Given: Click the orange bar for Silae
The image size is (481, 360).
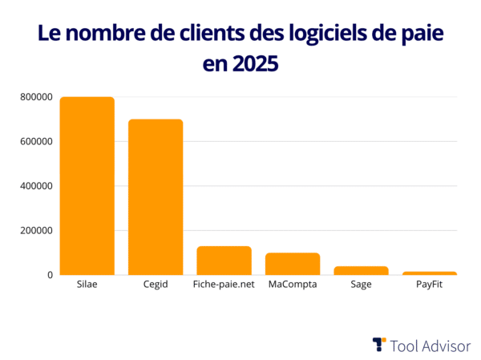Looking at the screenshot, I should pyautogui.click(x=87, y=186).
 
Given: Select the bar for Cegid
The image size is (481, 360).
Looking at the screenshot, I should pyautogui.click(x=156, y=197).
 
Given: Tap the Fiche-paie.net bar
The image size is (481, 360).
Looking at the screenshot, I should pyautogui.click(x=224, y=261).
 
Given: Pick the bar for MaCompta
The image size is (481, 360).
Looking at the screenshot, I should pyautogui.click(x=293, y=264).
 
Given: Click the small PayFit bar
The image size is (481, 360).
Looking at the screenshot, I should pyautogui.click(x=429, y=273).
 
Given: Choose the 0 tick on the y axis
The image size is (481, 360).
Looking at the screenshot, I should pyautogui.click(x=50, y=275).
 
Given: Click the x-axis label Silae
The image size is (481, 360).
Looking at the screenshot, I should pyautogui.click(x=87, y=285).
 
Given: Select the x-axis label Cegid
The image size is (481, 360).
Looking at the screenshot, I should pyautogui.click(x=156, y=285).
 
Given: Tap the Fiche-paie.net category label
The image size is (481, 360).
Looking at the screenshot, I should pyautogui.click(x=224, y=285).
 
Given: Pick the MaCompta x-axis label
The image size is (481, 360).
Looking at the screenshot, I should pyautogui.click(x=293, y=285).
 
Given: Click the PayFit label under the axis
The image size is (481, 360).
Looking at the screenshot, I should pyautogui.click(x=429, y=285).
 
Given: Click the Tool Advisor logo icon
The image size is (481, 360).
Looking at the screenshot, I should pyautogui.click(x=379, y=345).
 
